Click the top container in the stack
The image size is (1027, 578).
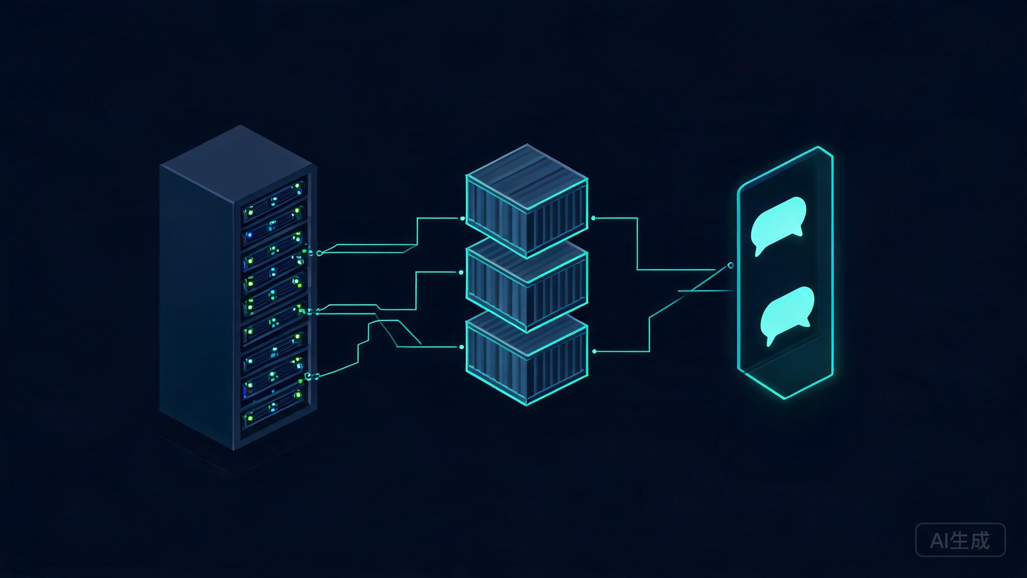(526, 201)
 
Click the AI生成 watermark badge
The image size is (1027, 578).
(960, 540)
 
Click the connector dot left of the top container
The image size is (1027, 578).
(463, 218)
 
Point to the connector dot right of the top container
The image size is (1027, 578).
(593, 218)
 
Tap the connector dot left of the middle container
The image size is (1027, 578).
(461, 273)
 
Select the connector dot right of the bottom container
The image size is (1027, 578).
(594, 351)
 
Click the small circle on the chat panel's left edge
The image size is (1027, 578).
(731, 265)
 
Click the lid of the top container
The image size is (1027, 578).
(526, 177)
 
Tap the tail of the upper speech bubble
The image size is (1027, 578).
(758, 252)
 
